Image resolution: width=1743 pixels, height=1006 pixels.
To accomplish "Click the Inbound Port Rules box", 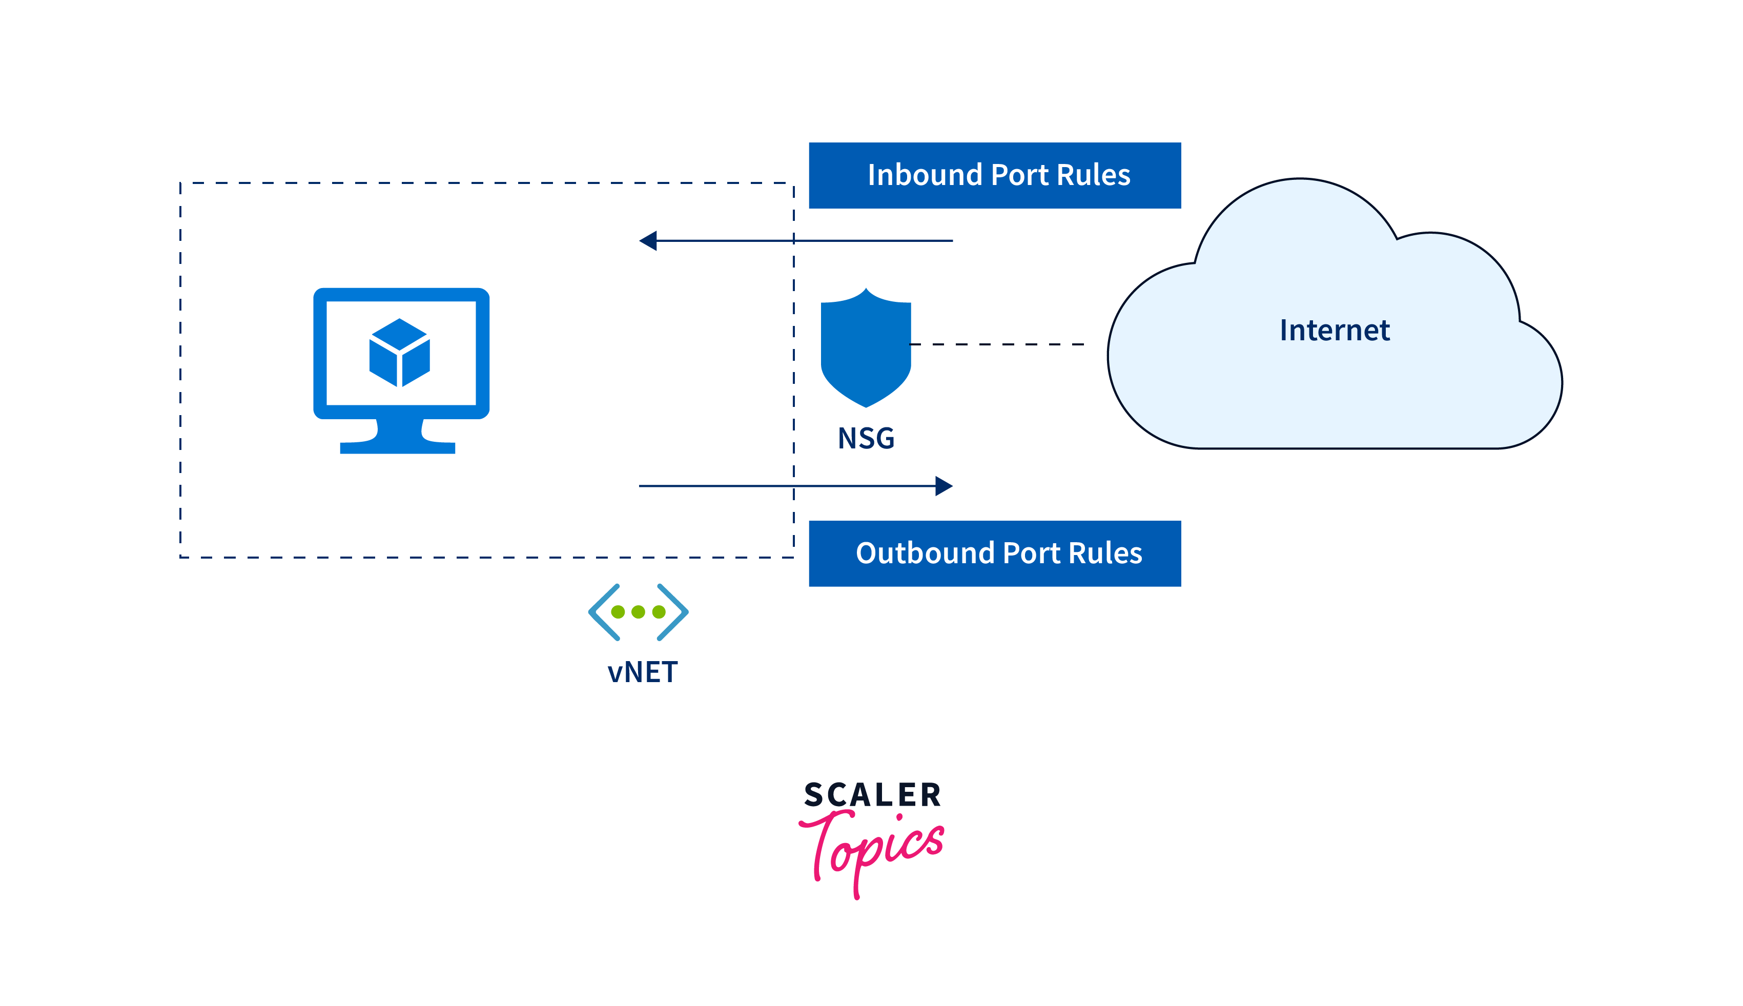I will [995, 175].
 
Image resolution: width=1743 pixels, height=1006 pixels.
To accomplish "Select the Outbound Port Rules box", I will [995, 553].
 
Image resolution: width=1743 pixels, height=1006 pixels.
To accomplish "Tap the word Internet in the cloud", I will [1334, 330].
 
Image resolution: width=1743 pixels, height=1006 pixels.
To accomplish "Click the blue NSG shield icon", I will [866, 349].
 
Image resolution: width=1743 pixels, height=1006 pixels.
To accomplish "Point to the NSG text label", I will [866, 438].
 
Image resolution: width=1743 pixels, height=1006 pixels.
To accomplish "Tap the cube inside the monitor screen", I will [400, 353].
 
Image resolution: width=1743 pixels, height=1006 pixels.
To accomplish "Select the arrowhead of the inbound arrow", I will [649, 240].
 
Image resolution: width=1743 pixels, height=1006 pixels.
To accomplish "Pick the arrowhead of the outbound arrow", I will [943, 486].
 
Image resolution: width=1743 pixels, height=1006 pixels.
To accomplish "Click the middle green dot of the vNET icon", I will [639, 611].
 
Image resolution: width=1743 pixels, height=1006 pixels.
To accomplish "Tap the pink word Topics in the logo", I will [874, 850].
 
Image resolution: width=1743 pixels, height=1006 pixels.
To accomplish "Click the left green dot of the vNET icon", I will [618, 611].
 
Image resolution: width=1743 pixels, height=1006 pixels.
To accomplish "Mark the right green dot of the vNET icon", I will [659, 611].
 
